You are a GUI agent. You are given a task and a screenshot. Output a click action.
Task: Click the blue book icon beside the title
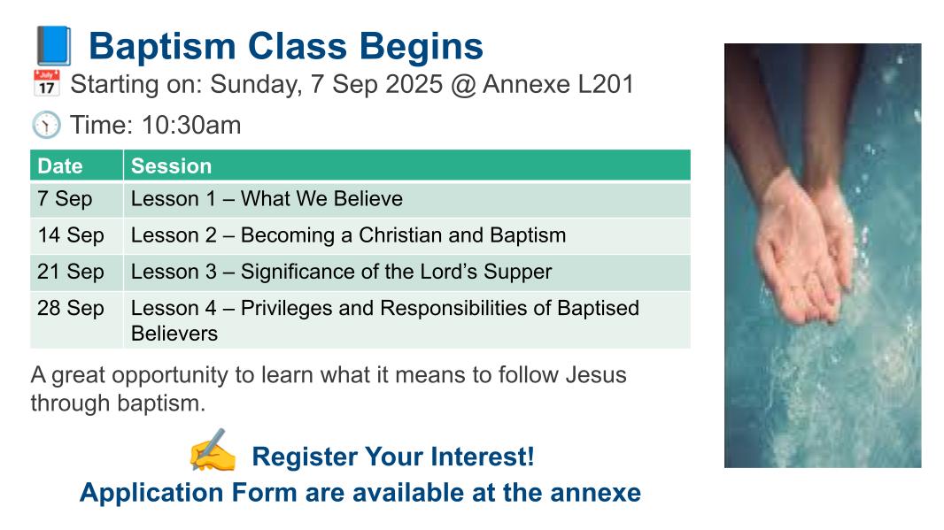click(x=54, y=46)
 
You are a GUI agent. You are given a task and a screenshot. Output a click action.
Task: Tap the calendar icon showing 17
click(x=46, y=83)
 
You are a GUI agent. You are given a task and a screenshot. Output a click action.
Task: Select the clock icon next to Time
click(x=46, y=125)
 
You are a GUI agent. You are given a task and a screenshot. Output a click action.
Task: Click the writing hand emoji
click(x=213, y=450)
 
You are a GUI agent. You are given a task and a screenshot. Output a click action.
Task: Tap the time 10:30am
click(x=191, y=125)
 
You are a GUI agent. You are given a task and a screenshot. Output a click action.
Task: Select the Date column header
click(x=60, y=166)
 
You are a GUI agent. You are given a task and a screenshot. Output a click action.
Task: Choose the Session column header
click(x=172, y=166)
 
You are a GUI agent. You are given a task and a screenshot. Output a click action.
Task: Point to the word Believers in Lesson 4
click(x=174, y=334)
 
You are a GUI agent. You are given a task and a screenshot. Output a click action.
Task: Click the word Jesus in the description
click(x=596, y=375)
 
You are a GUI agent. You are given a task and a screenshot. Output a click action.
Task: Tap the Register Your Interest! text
click(x=393, y=457)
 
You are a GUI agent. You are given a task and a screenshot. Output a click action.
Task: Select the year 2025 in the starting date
click(x=414, y=84)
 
